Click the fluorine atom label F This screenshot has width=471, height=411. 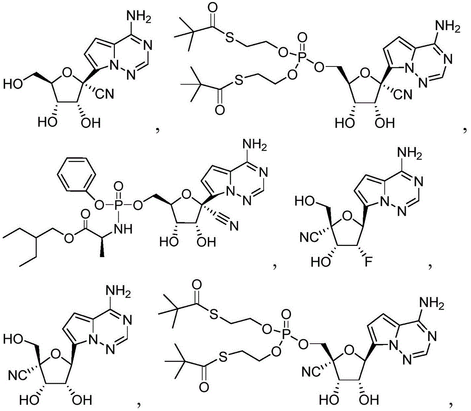coord(368,262)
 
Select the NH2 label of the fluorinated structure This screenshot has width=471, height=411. coord(409,153)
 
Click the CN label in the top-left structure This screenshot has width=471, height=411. coord(105,94)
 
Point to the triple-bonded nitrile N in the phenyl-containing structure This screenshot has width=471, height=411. coord(233,226)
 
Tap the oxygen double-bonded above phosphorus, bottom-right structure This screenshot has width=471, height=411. coord(287,314)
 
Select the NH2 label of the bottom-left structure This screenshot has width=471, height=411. coord(119,293)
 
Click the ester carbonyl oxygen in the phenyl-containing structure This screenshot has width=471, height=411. coord(86,214)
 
